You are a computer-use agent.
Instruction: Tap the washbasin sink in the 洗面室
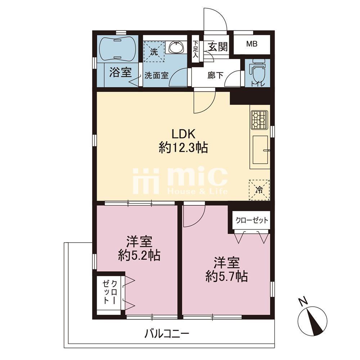tap(176, 48)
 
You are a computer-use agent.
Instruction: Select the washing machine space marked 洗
tap(154, 51)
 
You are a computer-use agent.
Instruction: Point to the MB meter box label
tap(252, 44)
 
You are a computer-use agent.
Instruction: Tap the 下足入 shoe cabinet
tap(195, 49)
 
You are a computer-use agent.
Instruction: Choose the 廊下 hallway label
tap(215, 75)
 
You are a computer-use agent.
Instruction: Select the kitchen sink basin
tap(260, 149)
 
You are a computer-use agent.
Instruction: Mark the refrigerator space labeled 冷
tap(259, 190)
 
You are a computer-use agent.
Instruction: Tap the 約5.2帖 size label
tap(139, 255)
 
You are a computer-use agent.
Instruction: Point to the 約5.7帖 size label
tap(226, 276)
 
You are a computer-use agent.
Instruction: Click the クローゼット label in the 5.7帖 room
tap(252, 220)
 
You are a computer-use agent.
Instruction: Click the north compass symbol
tap(312, 320)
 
